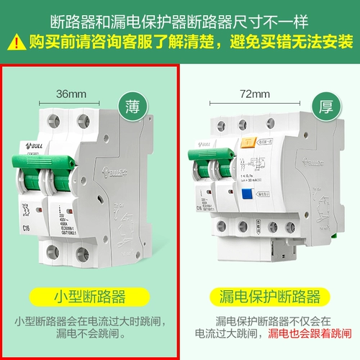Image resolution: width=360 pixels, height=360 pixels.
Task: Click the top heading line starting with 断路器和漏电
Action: (180, 19)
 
